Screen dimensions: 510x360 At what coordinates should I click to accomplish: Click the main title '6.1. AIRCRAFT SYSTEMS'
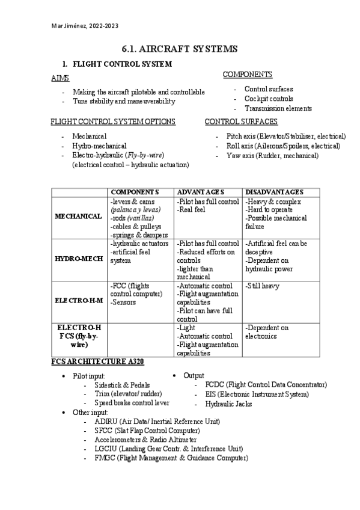tap(180, 49)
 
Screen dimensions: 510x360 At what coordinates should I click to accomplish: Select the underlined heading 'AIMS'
tap(60, 78)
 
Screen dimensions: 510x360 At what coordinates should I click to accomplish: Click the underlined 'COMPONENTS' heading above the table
tap(247, 75)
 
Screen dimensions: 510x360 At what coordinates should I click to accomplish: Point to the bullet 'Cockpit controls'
tap(269, 99)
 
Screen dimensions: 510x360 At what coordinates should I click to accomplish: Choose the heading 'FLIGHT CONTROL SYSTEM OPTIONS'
tap(113, 121)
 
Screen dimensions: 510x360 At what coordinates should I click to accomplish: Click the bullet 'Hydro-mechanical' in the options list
tap(99, 146)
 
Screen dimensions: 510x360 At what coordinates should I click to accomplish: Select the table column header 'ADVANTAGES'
tap(200, 191)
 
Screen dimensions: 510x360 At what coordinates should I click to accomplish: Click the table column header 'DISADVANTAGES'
tap(274, 191)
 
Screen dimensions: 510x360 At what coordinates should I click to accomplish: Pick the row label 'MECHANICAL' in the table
tap(78, 217)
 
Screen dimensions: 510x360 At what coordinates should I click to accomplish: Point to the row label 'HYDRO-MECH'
tap(78, 259)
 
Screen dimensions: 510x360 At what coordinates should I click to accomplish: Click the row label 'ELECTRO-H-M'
tap(78, 298)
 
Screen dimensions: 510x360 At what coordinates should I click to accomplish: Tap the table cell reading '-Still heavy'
tap(262, 286)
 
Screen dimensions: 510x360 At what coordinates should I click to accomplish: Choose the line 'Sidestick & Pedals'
tap(122, 385)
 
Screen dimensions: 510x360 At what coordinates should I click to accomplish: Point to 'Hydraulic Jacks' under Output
tap(228, 404)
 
